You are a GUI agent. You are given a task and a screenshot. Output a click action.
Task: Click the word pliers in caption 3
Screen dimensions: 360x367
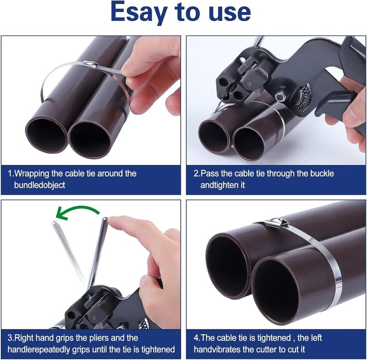click(105, 338)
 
